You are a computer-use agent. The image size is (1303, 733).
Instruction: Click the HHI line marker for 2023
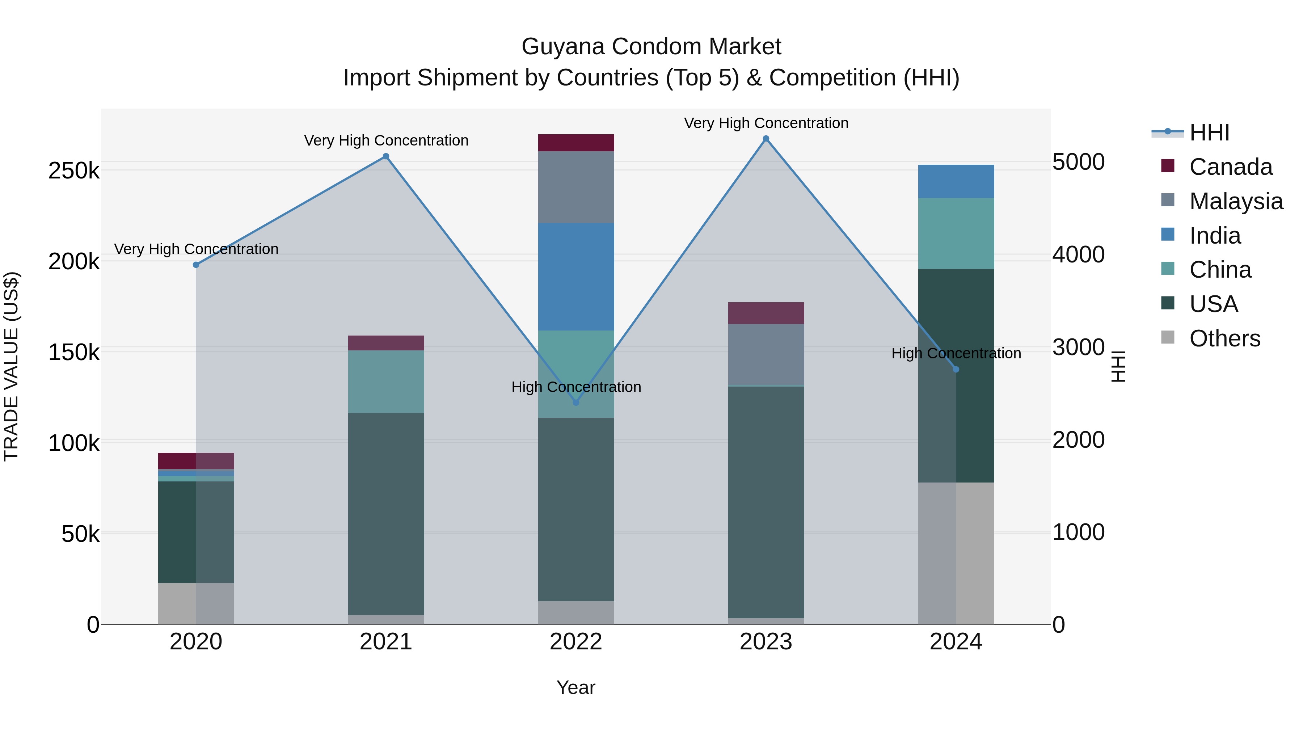point(766,139)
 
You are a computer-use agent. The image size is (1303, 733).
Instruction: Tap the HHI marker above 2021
point(386,156)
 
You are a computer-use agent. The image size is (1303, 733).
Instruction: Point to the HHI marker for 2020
point(196,265)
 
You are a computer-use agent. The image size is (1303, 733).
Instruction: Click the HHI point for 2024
point(956,369)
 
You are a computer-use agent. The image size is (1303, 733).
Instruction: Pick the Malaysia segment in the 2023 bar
point(766,354)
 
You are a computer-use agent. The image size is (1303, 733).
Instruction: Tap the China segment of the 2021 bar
point(386,382)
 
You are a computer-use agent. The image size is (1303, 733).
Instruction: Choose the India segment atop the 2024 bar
point(956,181)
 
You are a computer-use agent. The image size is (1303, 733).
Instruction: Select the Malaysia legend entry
point(1236,201)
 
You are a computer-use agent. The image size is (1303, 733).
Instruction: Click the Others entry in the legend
point(1224,338)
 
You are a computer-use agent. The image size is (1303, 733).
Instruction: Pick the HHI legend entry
point(1209,132)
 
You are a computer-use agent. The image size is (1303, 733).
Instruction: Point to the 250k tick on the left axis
point(74,171)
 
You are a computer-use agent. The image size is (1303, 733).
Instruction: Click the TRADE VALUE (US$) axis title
point(11,366)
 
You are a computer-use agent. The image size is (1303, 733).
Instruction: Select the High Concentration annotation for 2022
point(576,387)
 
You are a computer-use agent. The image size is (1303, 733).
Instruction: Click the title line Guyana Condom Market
point(651,47)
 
